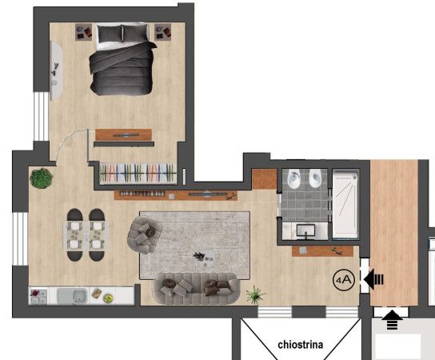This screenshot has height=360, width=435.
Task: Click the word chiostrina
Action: click(301, 345)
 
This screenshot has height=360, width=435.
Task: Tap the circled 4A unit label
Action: click(344, 280)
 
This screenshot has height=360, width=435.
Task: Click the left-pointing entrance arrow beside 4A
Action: click(373, 279)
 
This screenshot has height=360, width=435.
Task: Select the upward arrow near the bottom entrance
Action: click(392, 320)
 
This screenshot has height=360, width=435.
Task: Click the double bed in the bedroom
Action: click(122, 59)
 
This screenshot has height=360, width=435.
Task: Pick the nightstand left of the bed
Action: click(83, 32)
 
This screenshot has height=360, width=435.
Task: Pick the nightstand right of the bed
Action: click(163, 32)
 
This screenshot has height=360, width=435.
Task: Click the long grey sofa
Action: click(196, 288)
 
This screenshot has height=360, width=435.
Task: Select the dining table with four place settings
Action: click(86, 235)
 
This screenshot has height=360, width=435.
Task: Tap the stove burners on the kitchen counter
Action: click(38, 297)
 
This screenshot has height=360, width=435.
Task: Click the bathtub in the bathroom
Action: click(345, 204)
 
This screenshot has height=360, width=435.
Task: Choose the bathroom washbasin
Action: click(305, 231)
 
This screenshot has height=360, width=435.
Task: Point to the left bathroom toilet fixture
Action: click(293, 178)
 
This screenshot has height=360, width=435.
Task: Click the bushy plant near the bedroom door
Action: click(42, 178)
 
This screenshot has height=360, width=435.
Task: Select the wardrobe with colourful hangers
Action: click(138, 173)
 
